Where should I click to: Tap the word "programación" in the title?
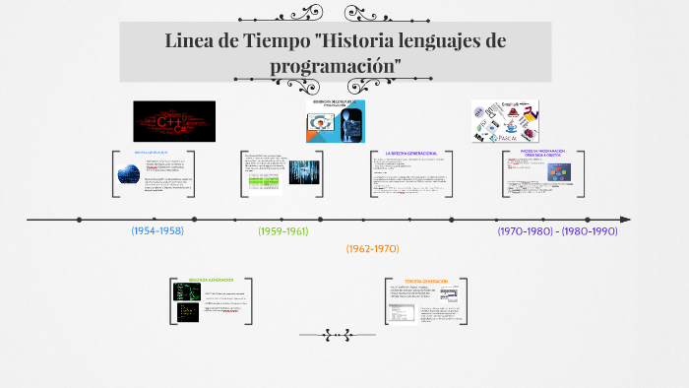pos(336,64)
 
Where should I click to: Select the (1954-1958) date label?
pos(157,230)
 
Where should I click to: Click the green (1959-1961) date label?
pos(283,230)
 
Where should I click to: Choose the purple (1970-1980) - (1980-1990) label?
pos(557,230)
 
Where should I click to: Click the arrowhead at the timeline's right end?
pos(625,219)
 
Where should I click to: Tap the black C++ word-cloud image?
pos(174,121)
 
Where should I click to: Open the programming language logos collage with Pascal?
pos(505,121)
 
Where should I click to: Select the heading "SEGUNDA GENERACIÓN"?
pos(210,280)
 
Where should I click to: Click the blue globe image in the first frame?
pos(128,173)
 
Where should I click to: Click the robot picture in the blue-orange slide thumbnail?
pos(350,127)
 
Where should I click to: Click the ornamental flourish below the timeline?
pos(338,335)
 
